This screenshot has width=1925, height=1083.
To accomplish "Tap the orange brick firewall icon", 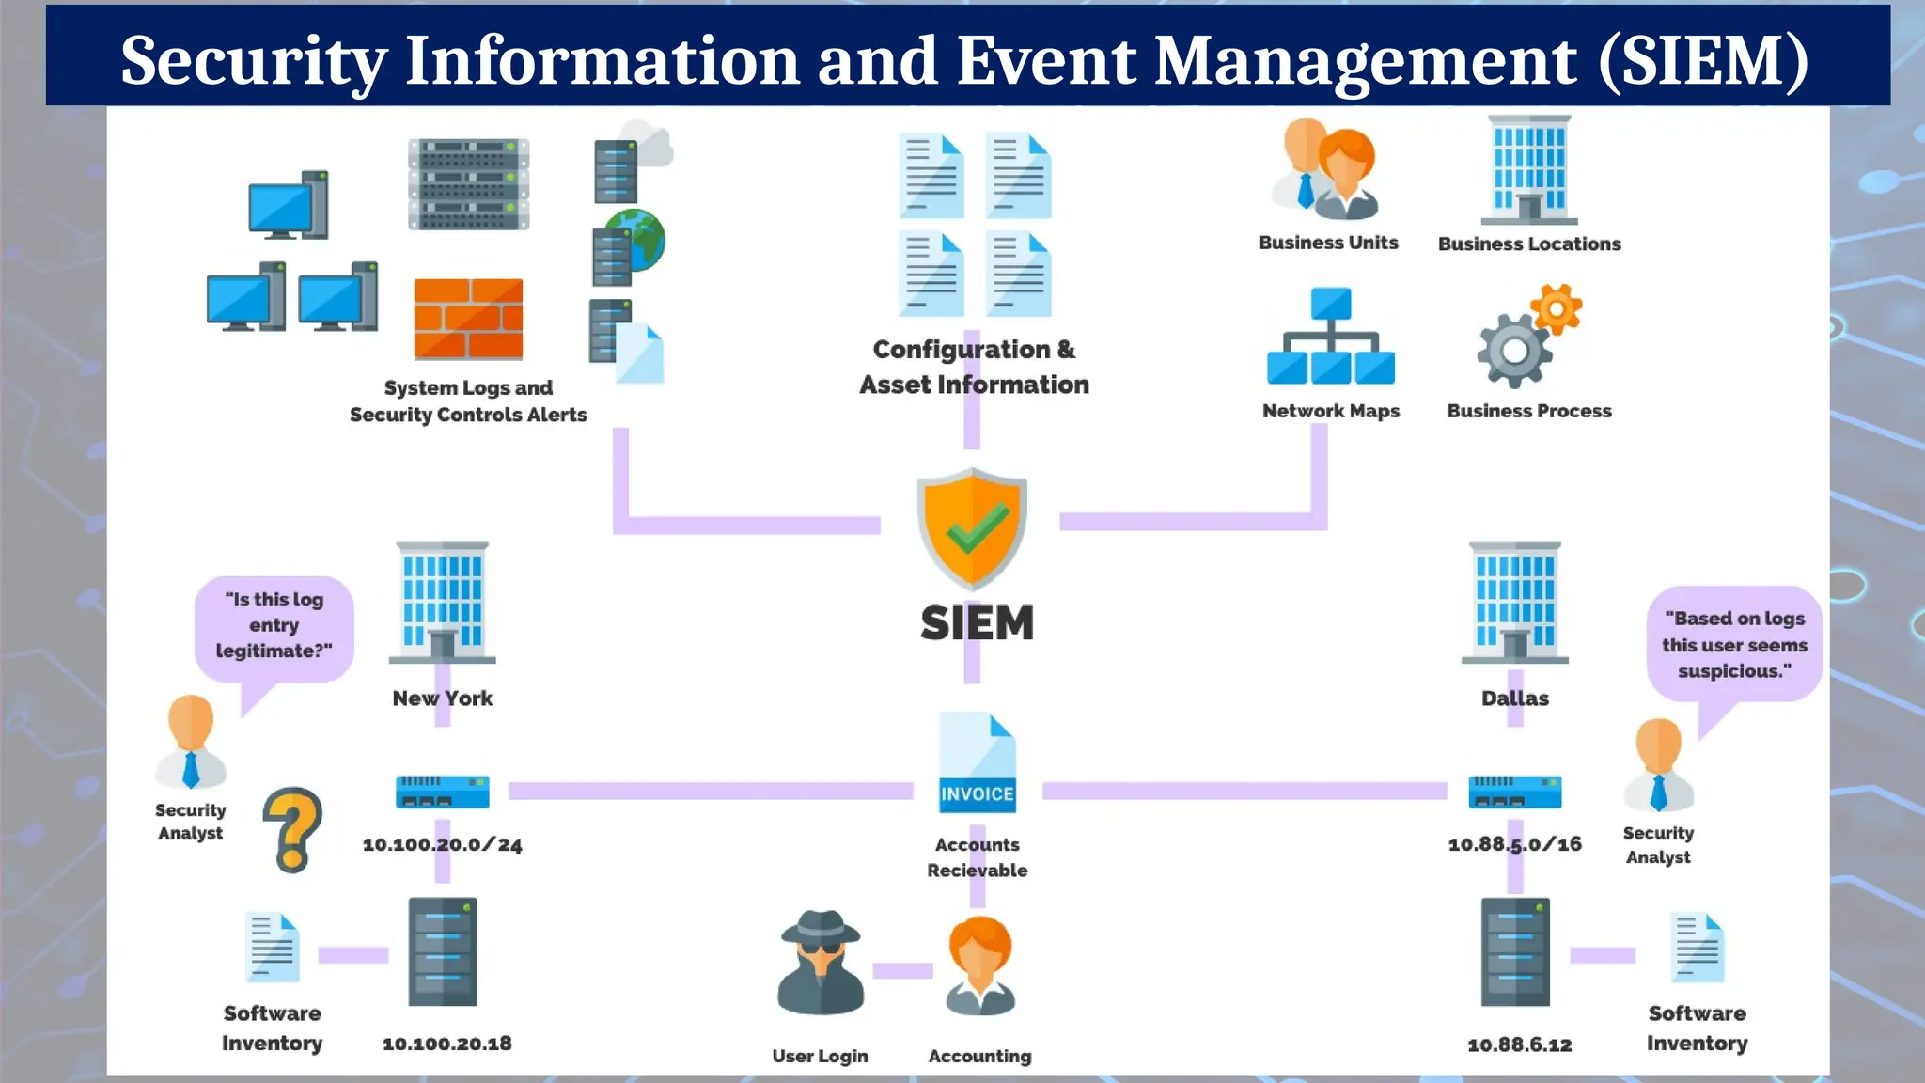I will [468, 319].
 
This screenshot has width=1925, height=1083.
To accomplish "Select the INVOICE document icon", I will [978, 763].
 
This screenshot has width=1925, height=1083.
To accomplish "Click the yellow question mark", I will [292, 828].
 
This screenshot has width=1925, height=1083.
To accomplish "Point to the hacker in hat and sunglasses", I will [821, 963].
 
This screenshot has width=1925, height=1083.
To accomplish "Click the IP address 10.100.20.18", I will [446, 1044].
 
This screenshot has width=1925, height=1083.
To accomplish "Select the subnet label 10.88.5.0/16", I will [1514, 844].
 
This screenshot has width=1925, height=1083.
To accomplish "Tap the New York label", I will [442, 698].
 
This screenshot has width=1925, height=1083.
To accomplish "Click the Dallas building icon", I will [1514, 602].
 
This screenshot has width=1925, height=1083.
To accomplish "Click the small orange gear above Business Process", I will [1556, 308].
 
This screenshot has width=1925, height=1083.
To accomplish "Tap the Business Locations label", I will [1529, 244].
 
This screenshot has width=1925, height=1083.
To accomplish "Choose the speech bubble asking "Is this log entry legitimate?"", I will [274, 626].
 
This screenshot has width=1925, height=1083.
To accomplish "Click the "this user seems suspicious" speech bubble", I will [1734, 645].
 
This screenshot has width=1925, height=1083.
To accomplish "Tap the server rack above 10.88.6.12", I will [1515, 951].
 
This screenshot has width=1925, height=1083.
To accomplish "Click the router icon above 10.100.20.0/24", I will [442, 792].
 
